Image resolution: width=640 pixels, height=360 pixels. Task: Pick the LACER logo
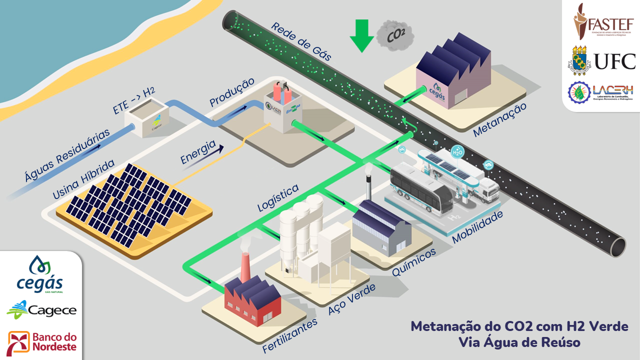click(601, 92)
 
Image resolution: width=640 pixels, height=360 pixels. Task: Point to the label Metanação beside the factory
click(499, 120)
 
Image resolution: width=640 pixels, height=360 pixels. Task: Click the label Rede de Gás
click(301, 42)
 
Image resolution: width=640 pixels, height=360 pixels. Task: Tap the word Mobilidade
click(477, 226)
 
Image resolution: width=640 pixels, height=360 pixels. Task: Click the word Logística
click(278, 197)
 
